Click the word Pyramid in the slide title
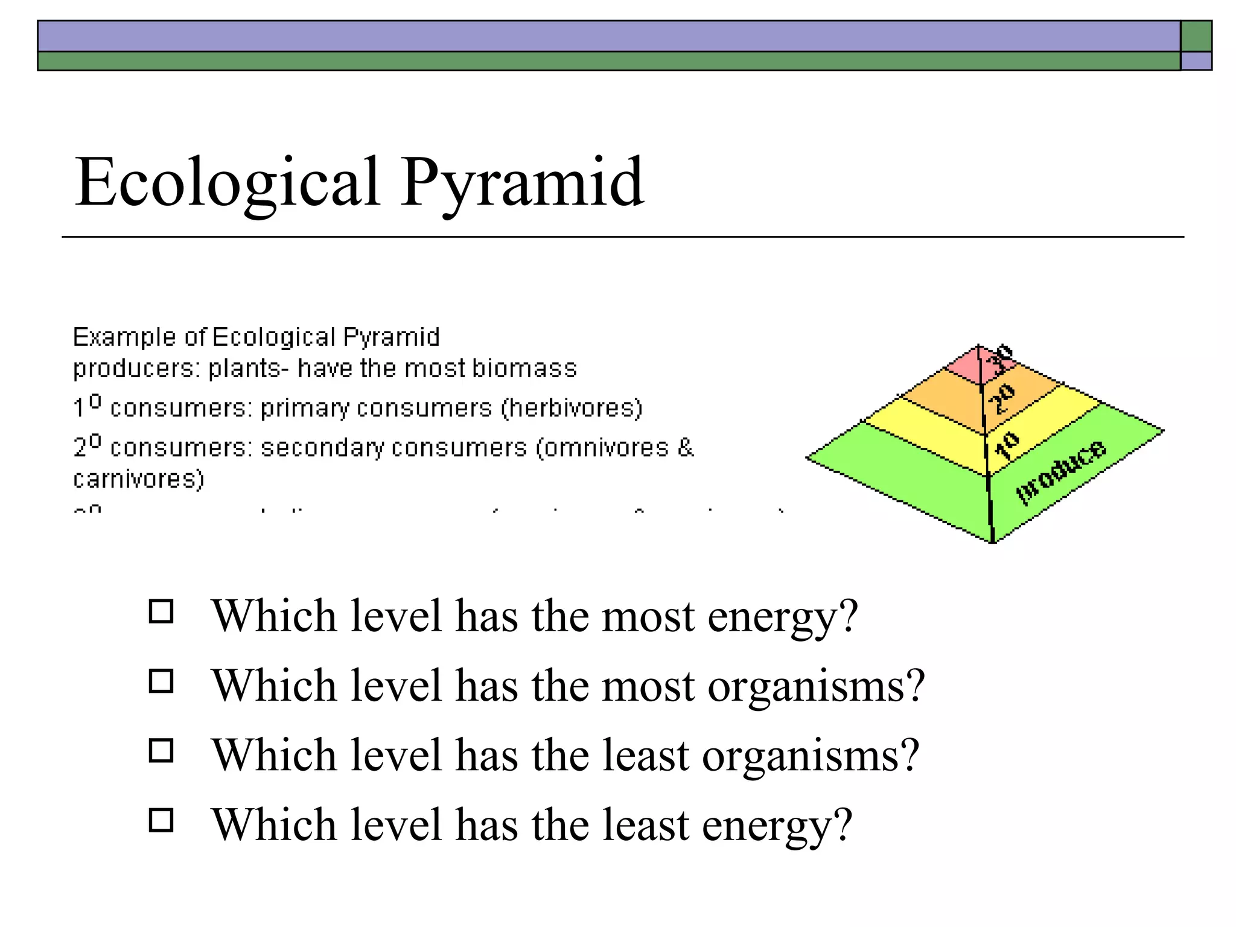522,182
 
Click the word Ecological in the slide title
227,182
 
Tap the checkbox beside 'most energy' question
161,611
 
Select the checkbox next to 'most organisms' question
161,681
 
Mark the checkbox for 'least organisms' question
161,751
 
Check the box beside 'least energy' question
161,821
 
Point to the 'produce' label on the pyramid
1062,471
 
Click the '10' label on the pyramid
1007,445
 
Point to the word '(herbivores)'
572,408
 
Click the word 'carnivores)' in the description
138,479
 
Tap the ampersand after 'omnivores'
686,447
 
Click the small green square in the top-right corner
1196,36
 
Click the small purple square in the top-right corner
1196,61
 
